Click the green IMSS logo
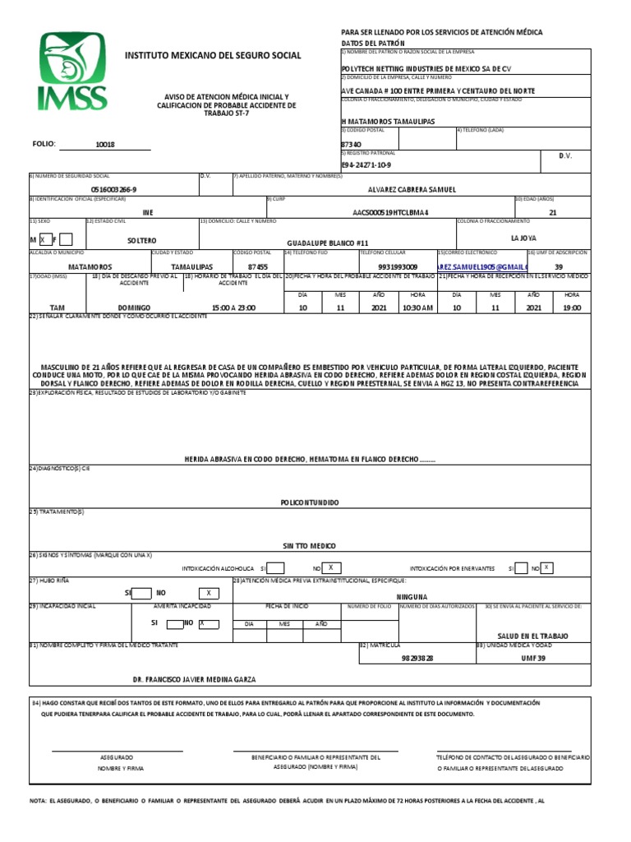[71, 72]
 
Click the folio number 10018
[105, 144]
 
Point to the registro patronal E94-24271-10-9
[366, 164]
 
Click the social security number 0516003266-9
[114, 189]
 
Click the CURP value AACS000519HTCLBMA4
[390, 212]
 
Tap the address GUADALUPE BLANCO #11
[326, 243]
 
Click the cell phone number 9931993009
[398, 267]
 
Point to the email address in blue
[480, 267]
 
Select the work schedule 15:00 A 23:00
[233, 308]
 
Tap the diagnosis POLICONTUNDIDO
[310, 502]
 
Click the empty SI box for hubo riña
[141, 593]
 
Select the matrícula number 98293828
[417, 659]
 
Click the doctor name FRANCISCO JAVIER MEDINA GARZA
[194, 679]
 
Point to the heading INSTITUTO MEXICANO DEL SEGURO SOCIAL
[212, 55]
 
